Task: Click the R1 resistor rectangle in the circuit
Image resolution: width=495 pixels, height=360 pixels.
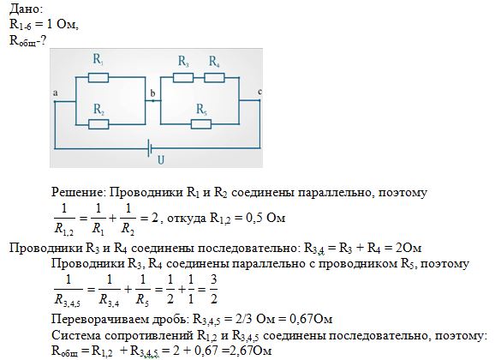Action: (98, 77)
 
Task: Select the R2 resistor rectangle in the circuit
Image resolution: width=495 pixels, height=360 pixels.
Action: (98, 124)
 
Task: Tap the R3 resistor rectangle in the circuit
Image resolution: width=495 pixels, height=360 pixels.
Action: (183, 77)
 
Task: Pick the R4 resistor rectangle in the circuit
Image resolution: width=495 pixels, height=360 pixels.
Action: (214, 77)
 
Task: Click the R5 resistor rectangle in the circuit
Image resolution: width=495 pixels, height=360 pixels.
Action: (201, 124)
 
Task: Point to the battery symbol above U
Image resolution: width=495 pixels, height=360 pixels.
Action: (151, 148)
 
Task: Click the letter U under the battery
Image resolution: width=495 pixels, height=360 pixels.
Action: (161, 160)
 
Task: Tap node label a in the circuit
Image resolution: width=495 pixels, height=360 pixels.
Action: (56, 93)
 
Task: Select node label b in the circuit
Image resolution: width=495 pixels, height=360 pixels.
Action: (152, 93)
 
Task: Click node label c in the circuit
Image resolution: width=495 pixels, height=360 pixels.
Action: (259, 92)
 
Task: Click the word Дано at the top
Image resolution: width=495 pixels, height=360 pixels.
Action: (26, 9)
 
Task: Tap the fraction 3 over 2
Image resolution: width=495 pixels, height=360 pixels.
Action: (214, 289)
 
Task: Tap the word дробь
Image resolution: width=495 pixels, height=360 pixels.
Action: (170, 320)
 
